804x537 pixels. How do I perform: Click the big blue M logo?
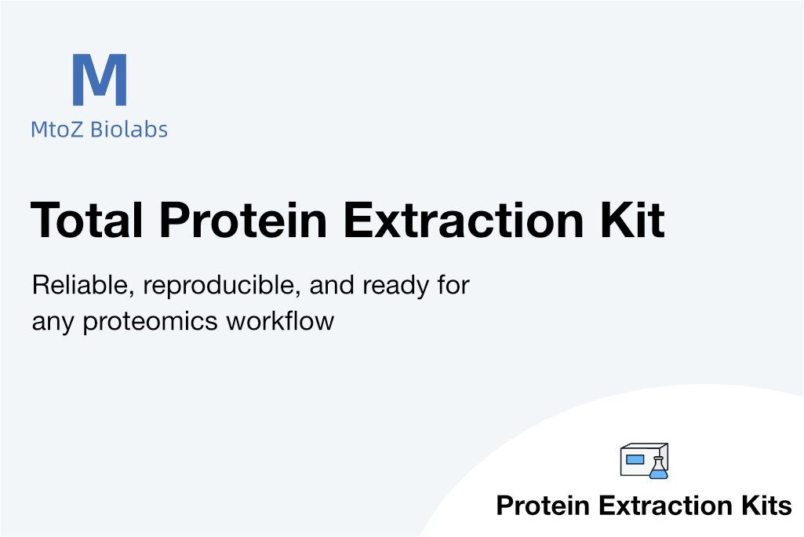click(100, 79)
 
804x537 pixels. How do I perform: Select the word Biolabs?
click(129, 129)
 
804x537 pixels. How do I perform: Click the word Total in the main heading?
click(86, 221)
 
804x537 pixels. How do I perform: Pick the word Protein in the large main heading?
click(244, 221)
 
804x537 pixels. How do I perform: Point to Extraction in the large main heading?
click(464, 221)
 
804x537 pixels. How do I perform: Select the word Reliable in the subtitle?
click(83, 285)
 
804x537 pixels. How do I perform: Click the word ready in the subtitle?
click(396, 286)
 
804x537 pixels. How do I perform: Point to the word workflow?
click(281, 321)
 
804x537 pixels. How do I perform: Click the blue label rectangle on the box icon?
click(635, 459)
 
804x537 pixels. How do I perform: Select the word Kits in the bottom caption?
click(766, 505)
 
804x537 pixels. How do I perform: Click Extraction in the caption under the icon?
click(666, 505)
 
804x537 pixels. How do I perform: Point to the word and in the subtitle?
click(332, 285)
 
